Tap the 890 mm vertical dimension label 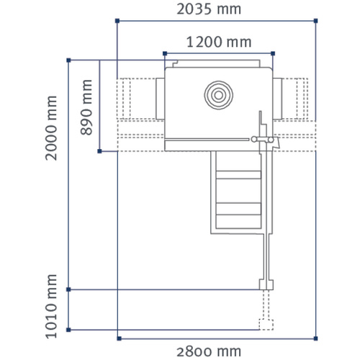[x=87, y=107]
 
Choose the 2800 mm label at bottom [x=210, y=351]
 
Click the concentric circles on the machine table [x=220, y=94]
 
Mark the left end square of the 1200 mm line [x=165, y=53]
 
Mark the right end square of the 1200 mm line [x=274, y=53]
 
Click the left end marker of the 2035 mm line [x=117, y=21]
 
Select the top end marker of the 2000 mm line [x=68, y=60]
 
